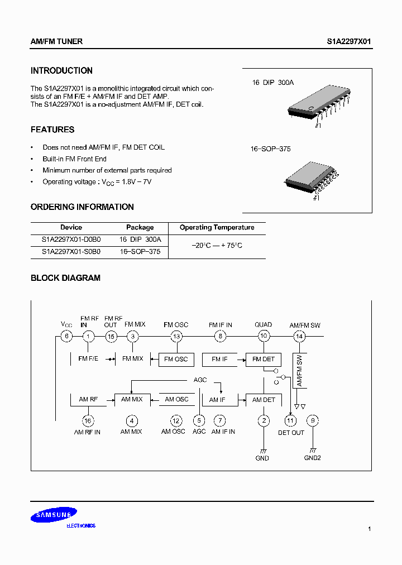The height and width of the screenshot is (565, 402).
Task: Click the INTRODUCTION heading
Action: point(61,71)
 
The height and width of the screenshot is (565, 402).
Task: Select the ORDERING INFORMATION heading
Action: point(82,207)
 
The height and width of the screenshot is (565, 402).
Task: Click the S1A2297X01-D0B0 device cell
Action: point(71,240)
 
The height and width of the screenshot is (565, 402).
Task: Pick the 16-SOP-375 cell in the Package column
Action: point(140,252)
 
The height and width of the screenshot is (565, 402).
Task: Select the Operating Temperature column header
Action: point(217,228)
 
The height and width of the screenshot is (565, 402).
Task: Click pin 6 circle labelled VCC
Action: point(66,336)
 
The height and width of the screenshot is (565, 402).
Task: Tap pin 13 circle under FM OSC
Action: point(176,336)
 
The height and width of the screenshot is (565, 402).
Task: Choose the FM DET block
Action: point(264,359)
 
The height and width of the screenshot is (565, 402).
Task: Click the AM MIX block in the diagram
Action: point(132,399)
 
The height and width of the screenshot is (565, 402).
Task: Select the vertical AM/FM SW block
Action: point(299,371)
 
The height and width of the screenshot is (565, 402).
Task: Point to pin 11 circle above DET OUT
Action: point(290,421)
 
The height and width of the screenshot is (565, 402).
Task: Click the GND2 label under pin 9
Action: point(313,458)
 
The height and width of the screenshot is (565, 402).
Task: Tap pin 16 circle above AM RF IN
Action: point(88,421)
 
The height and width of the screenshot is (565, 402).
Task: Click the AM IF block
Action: point(217,400)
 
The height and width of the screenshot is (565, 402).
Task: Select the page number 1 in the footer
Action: point(370,529)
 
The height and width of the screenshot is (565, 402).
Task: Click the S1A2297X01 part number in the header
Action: point(349,42)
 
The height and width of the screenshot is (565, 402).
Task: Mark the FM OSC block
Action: point(176,359)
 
